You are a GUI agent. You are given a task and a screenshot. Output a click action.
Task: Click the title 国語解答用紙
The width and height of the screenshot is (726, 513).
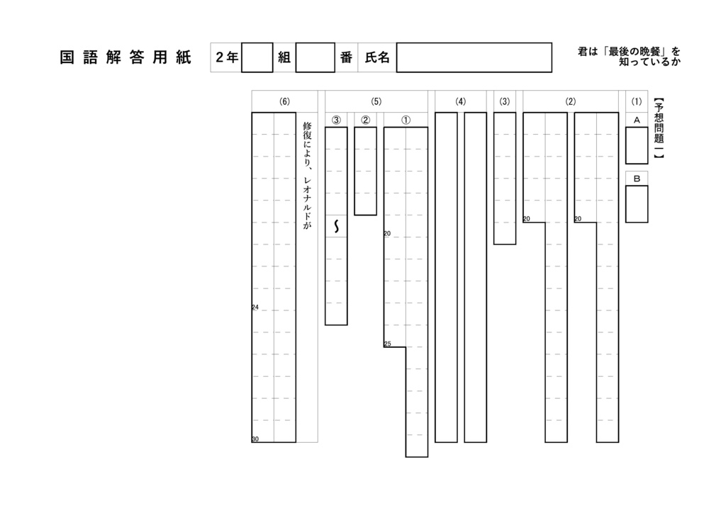125,57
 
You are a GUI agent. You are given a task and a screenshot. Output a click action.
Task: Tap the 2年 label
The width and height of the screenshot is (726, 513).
227,57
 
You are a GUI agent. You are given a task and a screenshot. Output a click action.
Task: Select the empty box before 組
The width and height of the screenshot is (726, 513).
257,57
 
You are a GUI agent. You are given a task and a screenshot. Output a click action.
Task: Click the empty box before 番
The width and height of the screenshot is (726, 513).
315,57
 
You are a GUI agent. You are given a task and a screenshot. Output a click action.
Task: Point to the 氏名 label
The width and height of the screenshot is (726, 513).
377,57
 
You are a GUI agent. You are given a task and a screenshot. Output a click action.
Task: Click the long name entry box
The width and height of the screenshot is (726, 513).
474,57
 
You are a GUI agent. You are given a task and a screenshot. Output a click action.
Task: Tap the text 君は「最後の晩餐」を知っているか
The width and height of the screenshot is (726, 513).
630,57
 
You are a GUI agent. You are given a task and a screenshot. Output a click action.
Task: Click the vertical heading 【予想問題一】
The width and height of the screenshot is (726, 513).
659,128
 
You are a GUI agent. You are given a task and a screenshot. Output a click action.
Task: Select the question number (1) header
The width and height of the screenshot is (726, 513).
637,101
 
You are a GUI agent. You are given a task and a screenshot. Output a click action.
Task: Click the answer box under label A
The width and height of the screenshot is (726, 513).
637,145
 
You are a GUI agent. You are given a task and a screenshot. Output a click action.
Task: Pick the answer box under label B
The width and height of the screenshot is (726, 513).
637,204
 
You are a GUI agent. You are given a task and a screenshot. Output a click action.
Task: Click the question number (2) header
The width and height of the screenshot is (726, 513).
571,101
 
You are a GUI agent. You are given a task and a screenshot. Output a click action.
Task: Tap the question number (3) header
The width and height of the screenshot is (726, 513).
505,101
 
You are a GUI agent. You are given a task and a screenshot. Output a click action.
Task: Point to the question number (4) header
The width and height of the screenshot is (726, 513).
460,101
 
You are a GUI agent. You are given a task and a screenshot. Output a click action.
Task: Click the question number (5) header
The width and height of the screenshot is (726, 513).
376,101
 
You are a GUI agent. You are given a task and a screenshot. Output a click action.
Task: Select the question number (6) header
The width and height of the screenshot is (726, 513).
284,101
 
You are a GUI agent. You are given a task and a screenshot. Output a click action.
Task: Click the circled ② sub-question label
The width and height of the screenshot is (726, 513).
365,120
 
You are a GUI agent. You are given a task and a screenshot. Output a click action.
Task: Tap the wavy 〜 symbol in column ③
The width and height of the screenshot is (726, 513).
336,226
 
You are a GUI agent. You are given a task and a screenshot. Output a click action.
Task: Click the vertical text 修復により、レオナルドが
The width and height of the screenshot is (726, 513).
307,175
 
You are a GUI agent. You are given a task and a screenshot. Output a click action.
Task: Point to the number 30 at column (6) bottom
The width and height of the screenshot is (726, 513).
255,439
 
